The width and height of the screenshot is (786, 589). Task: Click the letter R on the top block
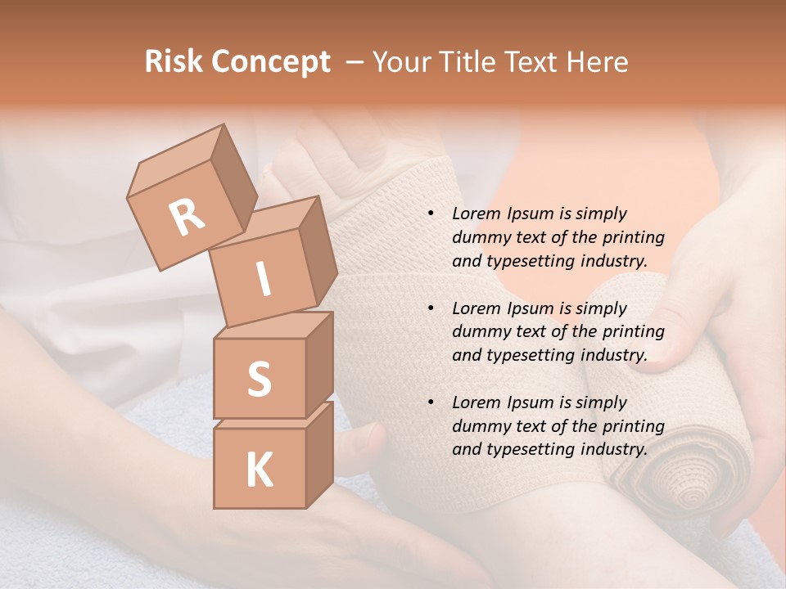(x=187, y=217)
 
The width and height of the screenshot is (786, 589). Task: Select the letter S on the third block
(x=259, y=379)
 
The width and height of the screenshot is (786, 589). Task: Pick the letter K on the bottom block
(x=259, y=470)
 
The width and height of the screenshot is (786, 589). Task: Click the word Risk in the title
(x=174, y=61)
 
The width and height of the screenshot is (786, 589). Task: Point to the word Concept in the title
(x=271, y=62)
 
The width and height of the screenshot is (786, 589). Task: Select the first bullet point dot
(x=431, y=214)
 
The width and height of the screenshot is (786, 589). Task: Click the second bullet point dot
(x=431, y=309)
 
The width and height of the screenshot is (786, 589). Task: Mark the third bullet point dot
(x=431, y=403)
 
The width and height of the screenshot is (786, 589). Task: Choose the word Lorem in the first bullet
(x=475, y=214)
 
